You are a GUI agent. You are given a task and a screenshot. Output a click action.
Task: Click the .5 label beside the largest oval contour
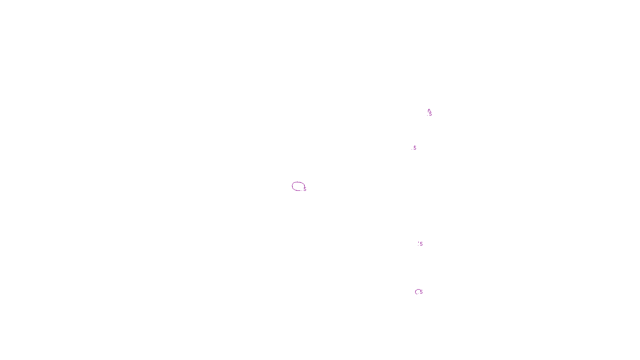(304, 189)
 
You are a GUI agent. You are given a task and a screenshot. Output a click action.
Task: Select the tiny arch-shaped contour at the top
(429, 110)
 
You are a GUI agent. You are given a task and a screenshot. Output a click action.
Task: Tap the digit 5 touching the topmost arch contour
(431, 114)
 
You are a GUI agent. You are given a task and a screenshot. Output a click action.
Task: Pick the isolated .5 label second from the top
(414, 148)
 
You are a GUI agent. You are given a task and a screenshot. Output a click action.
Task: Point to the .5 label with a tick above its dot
(421, 244)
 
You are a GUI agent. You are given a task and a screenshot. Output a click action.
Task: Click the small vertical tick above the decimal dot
(418, 242)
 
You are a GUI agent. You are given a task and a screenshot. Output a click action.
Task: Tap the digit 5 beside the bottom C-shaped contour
(421, 292)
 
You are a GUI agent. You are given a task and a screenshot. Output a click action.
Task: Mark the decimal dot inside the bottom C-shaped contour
(419, 293)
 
